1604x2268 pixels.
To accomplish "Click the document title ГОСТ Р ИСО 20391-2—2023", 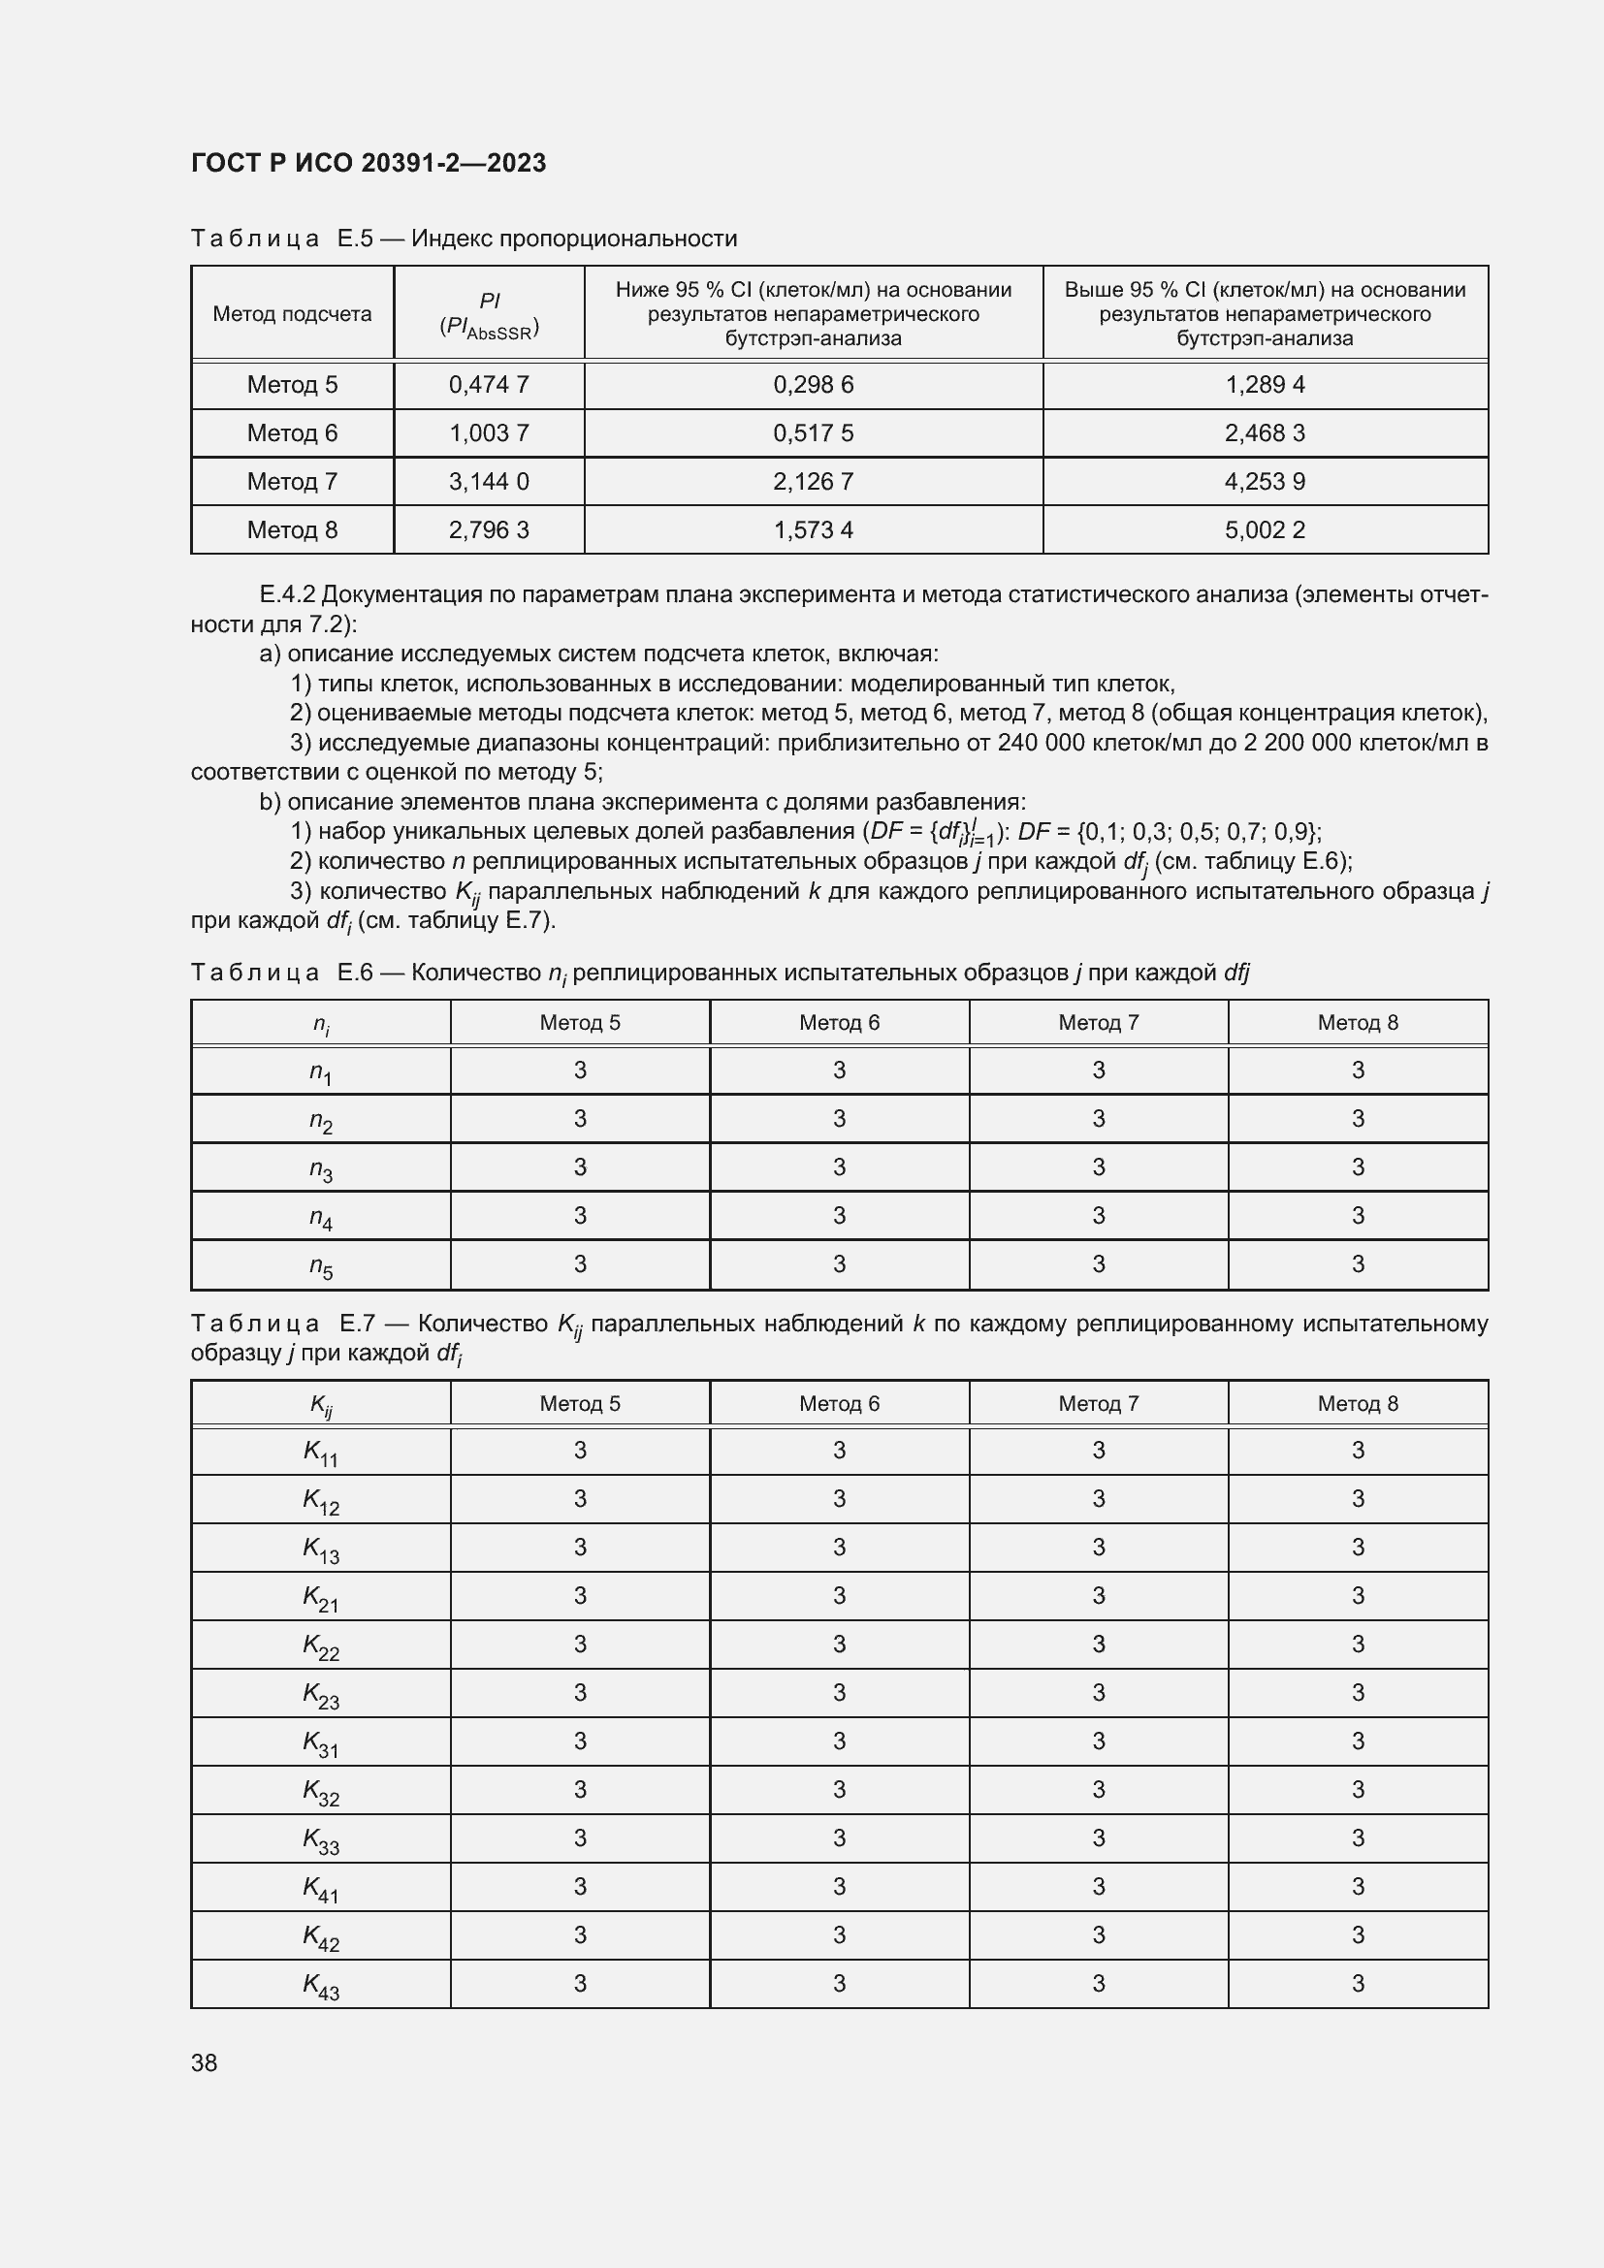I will coord(368,163).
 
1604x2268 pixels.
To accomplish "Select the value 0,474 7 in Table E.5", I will coord(489,385).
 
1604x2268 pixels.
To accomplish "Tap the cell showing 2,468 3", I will coord(1265,433).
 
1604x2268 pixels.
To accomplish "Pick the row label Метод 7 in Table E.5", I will coord(292,482).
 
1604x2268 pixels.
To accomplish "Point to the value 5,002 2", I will coord(1265,530).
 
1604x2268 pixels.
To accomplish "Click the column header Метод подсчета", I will coord(292,314).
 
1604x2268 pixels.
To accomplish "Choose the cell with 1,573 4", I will coord(813,530).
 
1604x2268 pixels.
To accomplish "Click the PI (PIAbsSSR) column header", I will coord(489,315).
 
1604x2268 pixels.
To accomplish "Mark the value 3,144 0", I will coord(489,482).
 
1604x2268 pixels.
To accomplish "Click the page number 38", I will coord(205,2062).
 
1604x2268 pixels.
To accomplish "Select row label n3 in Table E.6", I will coord(320,1168).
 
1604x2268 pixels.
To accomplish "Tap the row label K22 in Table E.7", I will coord(320,1645).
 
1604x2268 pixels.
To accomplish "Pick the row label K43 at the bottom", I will coord(320,1985).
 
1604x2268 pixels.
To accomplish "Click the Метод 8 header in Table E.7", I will coord(1357,1404).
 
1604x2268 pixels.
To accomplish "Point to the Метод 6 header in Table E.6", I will coord(839,1023).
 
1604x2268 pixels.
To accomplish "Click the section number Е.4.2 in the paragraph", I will coord(286,594).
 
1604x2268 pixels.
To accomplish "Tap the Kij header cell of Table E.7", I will coord(320,1405).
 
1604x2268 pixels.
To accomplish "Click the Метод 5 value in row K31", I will coord(580,1741).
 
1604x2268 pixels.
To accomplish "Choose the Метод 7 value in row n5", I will coord(1099,1264).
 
